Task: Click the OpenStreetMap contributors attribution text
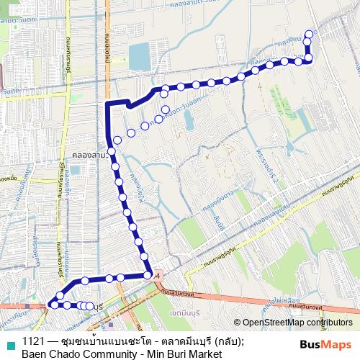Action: click(x=300, y=323)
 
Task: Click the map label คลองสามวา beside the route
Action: click(x=91, y=155)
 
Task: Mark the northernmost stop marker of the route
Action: click(x=310, y=34)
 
